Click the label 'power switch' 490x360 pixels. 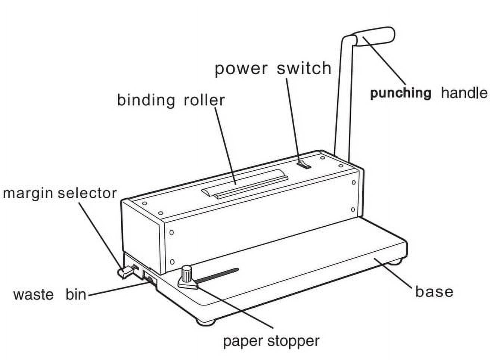tap(273, 69)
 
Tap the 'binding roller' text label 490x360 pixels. tap(171, 100)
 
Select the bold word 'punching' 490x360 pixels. tap(400, 94)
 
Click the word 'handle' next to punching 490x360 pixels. tap(464, 93)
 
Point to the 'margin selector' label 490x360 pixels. tap(60, 193)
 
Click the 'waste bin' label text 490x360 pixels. tap(50, 295)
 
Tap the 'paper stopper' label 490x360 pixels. tap(271, 341)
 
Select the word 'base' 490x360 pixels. tap(434, 292)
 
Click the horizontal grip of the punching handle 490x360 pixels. tap(376, 35)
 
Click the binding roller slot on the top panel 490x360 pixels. tap(245, 183)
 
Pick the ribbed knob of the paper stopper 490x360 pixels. tap(187, 274)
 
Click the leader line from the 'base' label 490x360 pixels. tap(393, 272)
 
